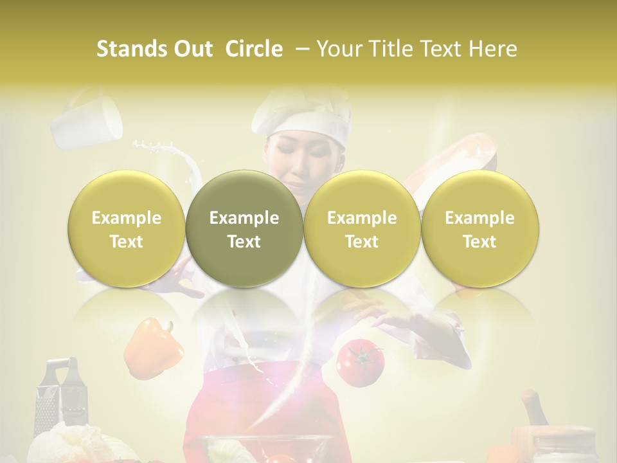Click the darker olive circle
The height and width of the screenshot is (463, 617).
(244, 229)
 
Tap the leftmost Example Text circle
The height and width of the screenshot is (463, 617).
(127, 229)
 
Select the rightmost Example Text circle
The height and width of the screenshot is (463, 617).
(479, 229)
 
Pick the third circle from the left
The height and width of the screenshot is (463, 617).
(362, 229)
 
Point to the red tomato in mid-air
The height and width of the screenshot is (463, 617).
(360, 361)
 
